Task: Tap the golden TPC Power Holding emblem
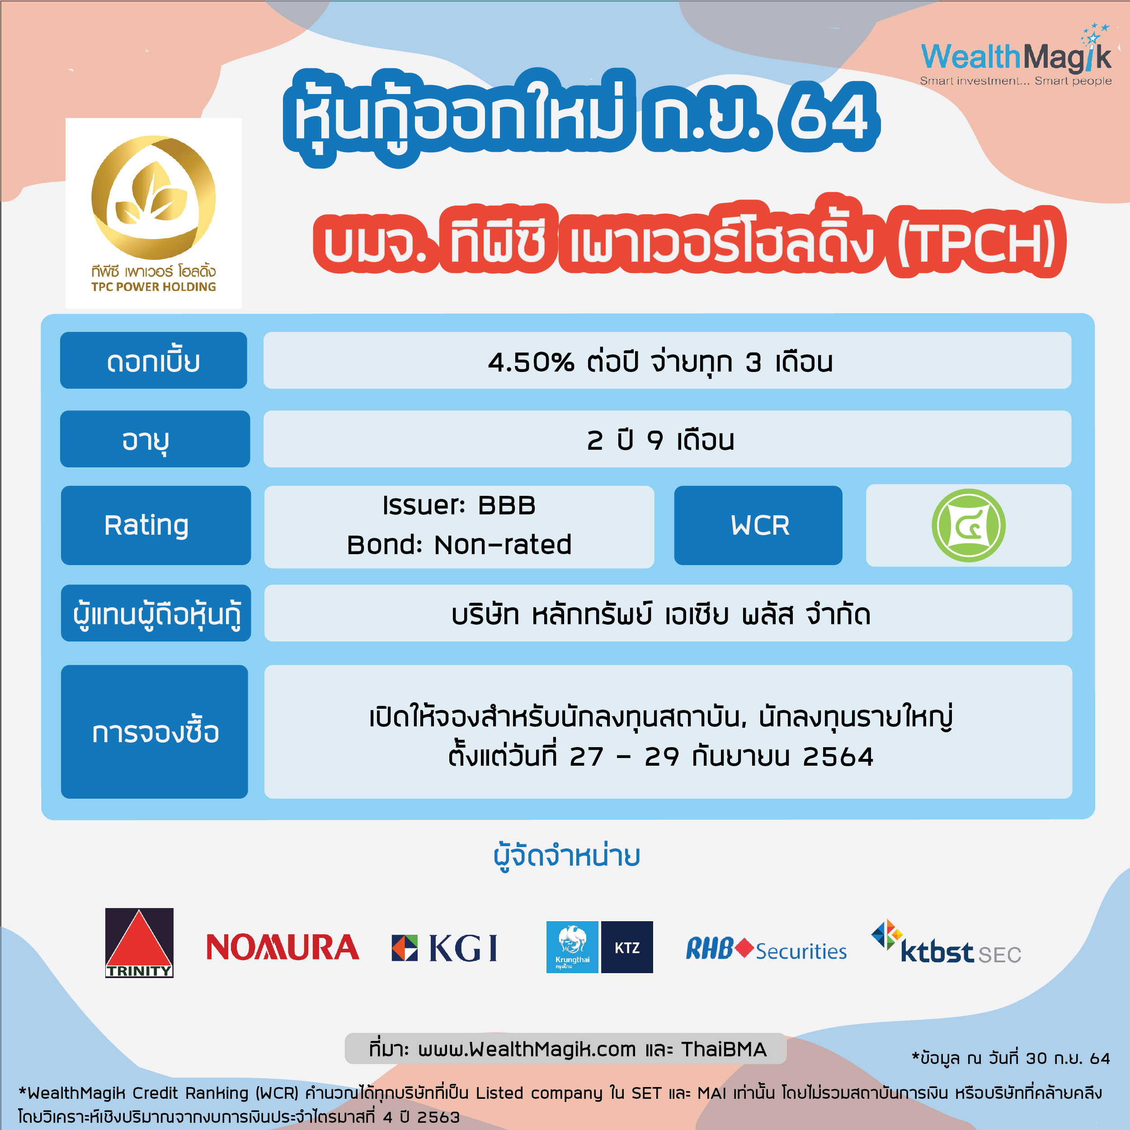click(x=154, y=197)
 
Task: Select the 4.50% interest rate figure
click(x=531, y=362)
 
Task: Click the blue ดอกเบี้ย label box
click(x=154, y=360)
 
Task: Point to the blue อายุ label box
click(x=155, y=438)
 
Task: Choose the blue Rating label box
click(x=155, y=525)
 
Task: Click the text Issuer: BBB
click(x=459, y=505)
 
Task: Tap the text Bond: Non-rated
click(x=459, y=545)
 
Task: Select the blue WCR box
click(x=758, y=525)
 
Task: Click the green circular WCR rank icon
click(x=969, y=525)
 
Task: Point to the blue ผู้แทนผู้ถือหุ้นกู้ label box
click(x=155, y=613)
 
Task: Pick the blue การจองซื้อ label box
click(x=155, y=732)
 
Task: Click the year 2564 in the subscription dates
click(x=838, y=757)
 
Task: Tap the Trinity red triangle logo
click(x=139, y=942)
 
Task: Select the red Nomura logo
click(x=282, y=947)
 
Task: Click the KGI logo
click(x=444, y=947)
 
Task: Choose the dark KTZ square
click(x=627, y=947)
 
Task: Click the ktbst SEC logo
click(x=946, y=942)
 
